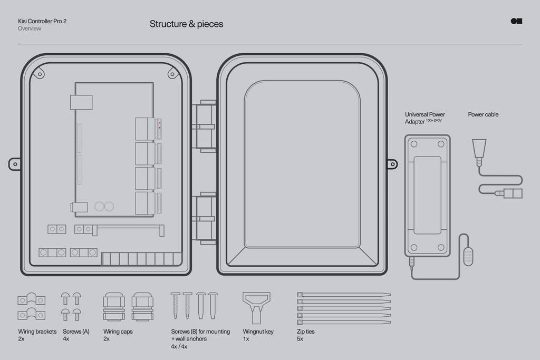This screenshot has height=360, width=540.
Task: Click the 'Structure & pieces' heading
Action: point(186,24)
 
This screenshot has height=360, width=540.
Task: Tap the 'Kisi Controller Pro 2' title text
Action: point(42,21)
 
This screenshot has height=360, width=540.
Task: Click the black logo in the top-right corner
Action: point(516,21)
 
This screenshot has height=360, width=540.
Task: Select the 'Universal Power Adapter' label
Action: point(425,118)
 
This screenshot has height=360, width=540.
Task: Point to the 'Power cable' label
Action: point(483,114)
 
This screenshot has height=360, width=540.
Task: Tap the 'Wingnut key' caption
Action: point(258,332)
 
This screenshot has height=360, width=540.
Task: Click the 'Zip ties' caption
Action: point(305,332)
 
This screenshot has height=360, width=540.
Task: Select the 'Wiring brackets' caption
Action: point(37,332)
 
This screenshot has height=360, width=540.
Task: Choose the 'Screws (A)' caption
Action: point(76,332)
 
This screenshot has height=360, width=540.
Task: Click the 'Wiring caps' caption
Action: point(118,332)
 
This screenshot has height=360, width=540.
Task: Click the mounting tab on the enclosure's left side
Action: point(15,164)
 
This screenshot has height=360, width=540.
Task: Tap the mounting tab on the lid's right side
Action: point(392,164)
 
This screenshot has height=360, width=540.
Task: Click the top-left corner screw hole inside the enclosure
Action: point(38,74)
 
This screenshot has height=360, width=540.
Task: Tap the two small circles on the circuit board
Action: point(104,206)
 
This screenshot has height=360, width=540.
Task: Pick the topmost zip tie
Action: point(344,294)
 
